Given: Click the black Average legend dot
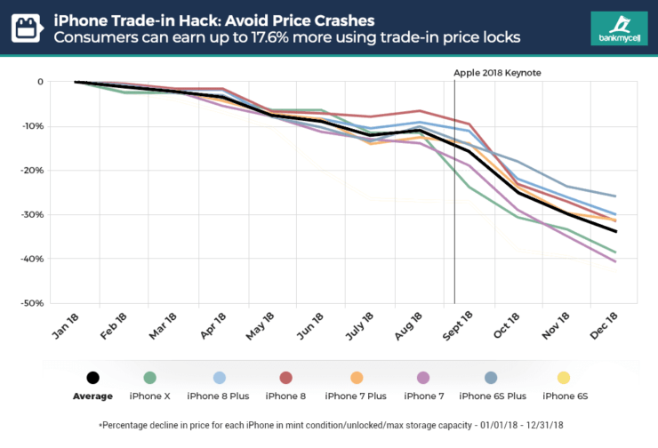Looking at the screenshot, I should pyautogui.click(x=93, y=379).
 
